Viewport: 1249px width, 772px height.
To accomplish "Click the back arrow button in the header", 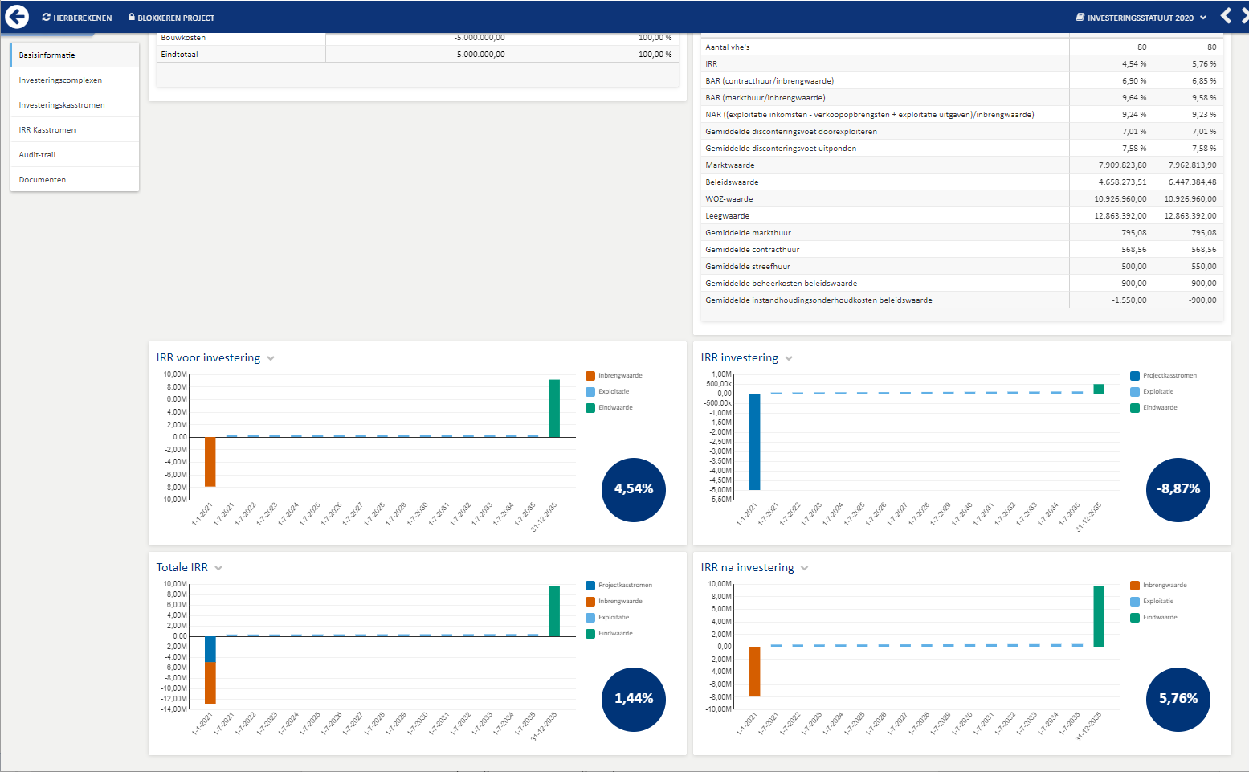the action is [x=17, y=17].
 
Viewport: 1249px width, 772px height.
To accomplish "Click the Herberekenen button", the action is [x=77, y=18].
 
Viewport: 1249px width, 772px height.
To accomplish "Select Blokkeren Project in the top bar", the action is [x=171, y=18].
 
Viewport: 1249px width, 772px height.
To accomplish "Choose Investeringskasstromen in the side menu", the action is [x=62, y=105].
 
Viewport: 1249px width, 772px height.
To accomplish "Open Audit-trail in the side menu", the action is [x=37, y=154].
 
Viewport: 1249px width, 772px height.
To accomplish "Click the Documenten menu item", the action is [x=43, y=180].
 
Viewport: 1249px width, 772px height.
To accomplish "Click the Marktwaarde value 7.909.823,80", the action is [x=1122, y=165].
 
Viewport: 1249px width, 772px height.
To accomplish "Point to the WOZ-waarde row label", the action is [x=729, y=199].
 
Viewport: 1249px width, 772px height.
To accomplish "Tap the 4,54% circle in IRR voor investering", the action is [x=634, y=490].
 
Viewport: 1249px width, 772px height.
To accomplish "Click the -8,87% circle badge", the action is [x=1178, y=490].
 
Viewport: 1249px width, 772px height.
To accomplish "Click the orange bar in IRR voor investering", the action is [x=210, y=462].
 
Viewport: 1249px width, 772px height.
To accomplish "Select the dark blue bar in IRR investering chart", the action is [x=754, y=442].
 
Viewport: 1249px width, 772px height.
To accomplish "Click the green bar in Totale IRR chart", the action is [x=554, y=611].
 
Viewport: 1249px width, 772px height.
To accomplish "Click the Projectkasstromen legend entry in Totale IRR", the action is [x=619, y=585].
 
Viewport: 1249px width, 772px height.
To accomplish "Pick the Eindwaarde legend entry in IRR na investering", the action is [x=1153, y=618].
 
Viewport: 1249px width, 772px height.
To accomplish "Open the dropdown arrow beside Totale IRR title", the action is [x=218, y=569].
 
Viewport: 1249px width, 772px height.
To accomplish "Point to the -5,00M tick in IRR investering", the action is [x=720, y=490].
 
